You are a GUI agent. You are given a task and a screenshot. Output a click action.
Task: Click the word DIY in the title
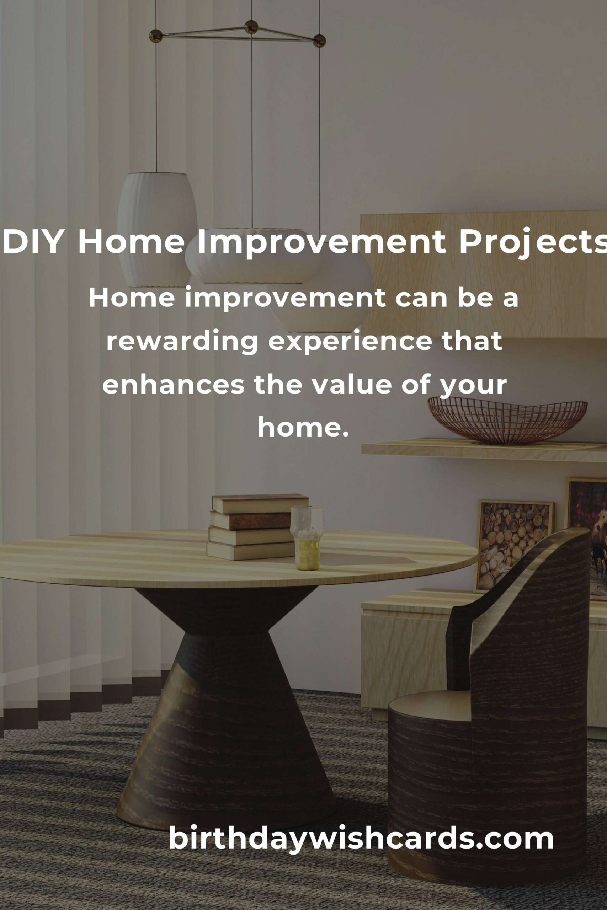[x=33, y=242]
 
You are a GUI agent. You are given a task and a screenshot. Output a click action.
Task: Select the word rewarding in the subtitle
[x=182, y=342]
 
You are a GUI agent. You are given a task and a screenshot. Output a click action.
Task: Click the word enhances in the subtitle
[x=174, y=385]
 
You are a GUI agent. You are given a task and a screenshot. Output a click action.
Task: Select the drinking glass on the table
[x=307, y=538]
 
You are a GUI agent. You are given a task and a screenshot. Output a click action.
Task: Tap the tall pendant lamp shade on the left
[x=157, y=229]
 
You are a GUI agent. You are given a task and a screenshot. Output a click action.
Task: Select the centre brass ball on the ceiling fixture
[x=251, y=27]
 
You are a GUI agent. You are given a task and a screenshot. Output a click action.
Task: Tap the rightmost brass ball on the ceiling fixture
[x=319, y=40]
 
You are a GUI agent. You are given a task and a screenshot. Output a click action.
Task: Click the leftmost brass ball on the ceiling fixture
[x=156, y=36]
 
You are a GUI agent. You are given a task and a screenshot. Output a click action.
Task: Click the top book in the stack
[x=260, y=503]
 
